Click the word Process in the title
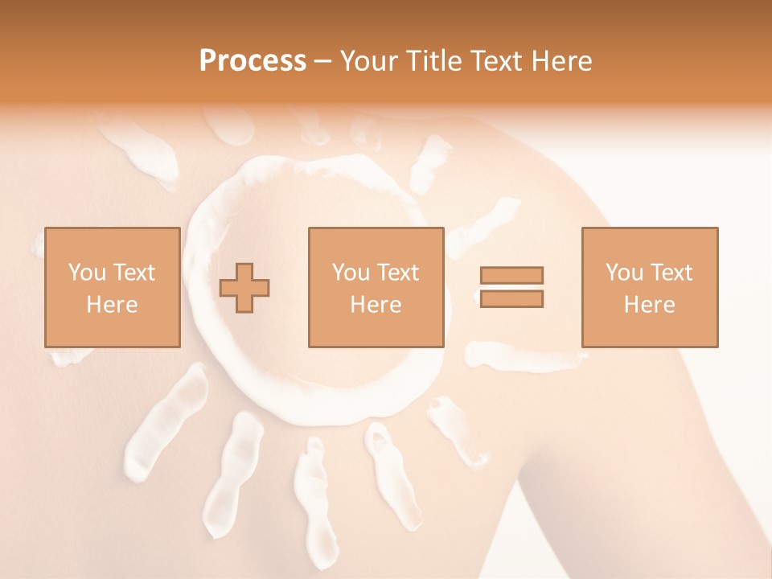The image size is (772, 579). (253, 61)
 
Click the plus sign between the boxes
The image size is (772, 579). (245, 288)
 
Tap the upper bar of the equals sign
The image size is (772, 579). (511, 275)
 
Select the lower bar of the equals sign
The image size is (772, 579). (511, 299)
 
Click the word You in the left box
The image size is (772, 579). (87, 273)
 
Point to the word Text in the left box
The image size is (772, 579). (133, 273)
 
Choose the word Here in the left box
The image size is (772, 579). (112, 305)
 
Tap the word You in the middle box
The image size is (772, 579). (351, 273)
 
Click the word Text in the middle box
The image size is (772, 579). (397, 273)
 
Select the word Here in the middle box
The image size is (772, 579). (376, 305)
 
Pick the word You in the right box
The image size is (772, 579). (624, 273)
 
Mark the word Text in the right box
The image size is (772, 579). (671, 273)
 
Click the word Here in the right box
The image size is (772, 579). (649, 305)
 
